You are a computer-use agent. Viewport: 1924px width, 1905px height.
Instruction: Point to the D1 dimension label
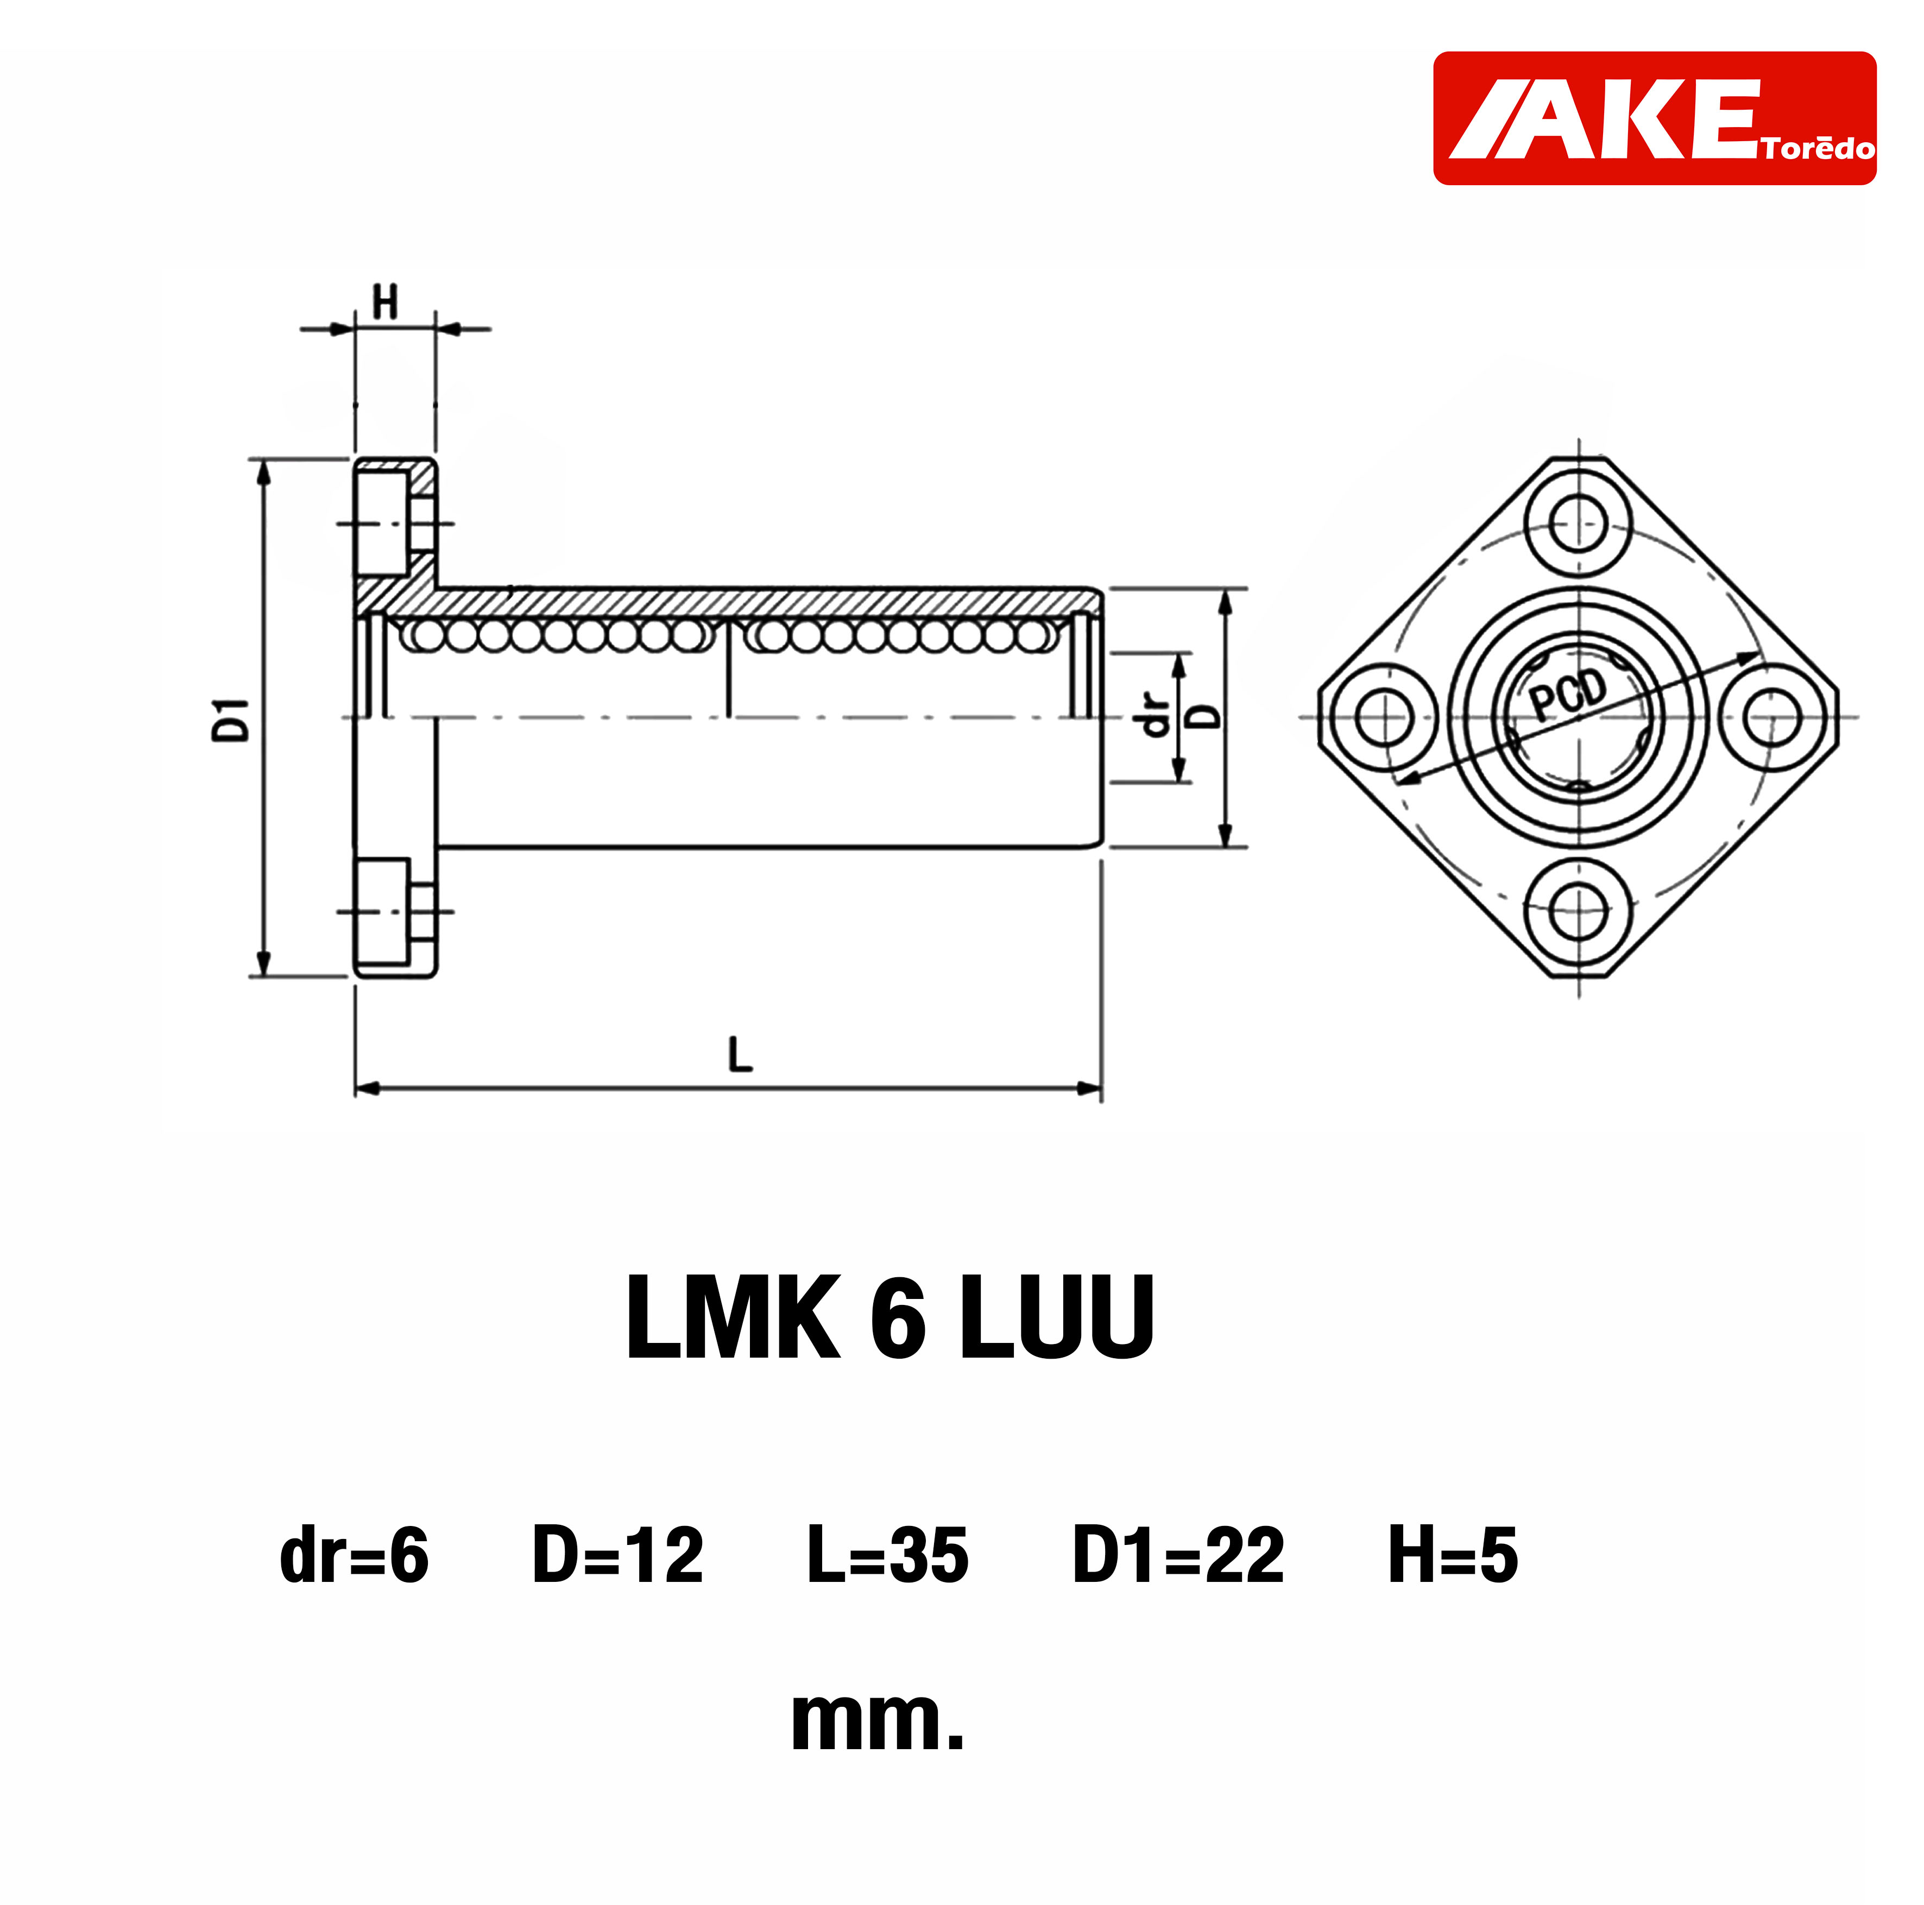tap(231, 719)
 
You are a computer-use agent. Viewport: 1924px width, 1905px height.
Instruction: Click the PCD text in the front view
tap(1568, 694)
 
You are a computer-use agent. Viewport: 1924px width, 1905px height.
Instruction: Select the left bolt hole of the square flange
tap(1384, 717)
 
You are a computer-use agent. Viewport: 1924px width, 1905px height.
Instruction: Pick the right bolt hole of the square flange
tap(1772, 717)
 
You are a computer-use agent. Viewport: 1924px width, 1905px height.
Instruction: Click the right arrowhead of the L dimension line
tap(1092, 1088)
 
